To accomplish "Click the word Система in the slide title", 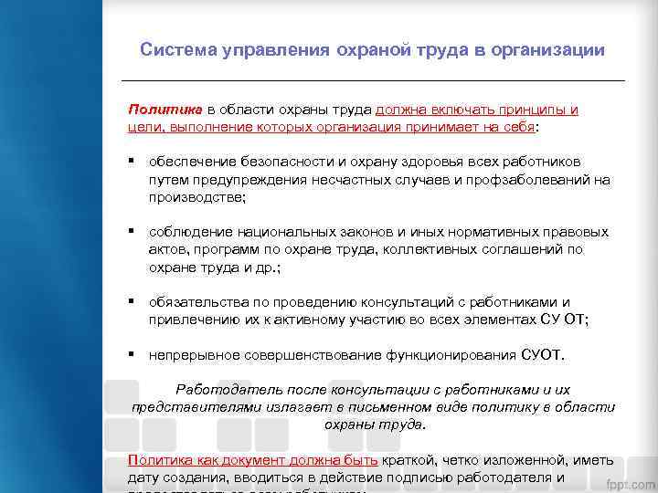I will (176, 50).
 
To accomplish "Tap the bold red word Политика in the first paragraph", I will (157, 110).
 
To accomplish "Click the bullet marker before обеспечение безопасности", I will (133, 162).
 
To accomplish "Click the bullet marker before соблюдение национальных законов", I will (133, 232).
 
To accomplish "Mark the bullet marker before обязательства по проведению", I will (133, 301).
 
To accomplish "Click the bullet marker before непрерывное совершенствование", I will (133, 353).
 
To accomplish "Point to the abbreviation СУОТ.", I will (544, 354).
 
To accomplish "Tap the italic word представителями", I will (196, 407).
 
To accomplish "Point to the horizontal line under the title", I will (376, 80).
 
